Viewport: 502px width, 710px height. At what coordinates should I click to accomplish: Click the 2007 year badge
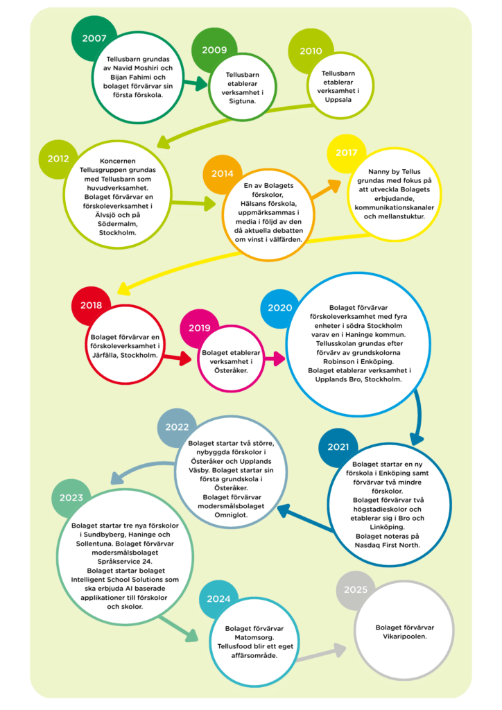tap(94, 39)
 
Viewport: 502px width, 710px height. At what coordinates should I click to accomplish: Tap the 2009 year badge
tap(214, 50)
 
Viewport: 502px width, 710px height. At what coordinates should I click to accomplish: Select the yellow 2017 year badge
tap(346, 153)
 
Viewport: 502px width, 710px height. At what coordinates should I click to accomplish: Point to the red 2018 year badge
tap(91, 306)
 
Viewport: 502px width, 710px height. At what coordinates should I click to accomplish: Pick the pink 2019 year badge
tap(200, 328)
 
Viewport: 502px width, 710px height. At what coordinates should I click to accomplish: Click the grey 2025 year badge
tap(356, 589)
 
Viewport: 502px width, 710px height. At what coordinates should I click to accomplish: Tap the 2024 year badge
tap(218, 599)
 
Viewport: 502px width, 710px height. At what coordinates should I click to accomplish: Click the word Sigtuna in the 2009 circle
tap(242, 101)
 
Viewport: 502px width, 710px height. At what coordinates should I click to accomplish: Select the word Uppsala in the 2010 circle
tap(338, 100)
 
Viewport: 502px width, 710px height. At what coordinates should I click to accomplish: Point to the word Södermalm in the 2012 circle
tap(118, 224)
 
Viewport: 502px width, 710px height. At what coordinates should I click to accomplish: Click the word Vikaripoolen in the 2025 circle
tap(405, 637)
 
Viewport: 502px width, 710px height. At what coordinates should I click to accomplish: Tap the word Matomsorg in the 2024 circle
tap(254, 638)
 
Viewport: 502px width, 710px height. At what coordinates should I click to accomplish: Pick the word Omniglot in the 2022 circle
tap(231, 515)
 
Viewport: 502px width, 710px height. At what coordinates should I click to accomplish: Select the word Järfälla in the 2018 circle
tap(105, 355)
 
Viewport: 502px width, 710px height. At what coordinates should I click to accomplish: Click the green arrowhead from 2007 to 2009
tap(200, 84)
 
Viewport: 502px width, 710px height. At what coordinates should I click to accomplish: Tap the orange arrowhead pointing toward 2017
tap(334, 186)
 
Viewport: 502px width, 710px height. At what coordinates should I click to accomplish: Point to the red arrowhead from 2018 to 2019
tap(184, 358)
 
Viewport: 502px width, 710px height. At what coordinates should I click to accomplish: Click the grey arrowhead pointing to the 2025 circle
tap(340, 650)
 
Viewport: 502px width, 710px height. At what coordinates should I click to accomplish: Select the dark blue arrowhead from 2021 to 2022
tap(284, 511)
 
